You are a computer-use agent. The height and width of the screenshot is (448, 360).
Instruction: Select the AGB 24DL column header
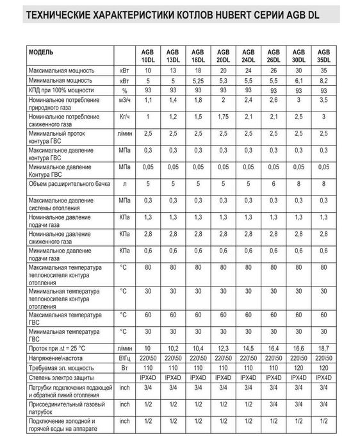249,55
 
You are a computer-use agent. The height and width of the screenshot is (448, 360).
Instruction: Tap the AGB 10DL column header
147,55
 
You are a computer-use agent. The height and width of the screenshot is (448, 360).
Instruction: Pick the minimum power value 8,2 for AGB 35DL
325,83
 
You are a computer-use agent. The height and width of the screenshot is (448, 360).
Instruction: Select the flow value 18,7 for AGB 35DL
325,348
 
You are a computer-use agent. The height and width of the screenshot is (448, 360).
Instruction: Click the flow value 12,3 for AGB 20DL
223,348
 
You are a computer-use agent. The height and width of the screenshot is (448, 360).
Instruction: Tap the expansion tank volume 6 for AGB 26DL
274,185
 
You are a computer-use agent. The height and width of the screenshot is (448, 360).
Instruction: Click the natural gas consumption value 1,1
147,102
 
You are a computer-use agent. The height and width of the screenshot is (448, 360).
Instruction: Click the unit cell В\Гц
124,358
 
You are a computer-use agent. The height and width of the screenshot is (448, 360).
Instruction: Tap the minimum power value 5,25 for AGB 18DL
197,83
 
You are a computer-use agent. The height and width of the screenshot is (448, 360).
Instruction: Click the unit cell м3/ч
124,102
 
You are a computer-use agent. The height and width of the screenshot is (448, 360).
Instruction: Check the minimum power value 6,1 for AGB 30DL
299,83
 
